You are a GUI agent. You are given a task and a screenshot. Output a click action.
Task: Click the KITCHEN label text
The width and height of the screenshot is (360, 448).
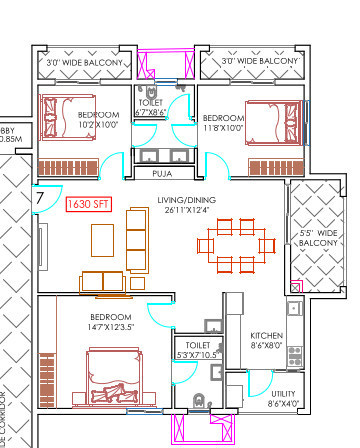click(264, 335)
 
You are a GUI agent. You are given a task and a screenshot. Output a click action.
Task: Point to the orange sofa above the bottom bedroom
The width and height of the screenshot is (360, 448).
click(105, 281)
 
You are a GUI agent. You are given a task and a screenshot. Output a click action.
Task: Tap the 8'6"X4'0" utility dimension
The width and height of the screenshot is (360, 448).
click(284, 405)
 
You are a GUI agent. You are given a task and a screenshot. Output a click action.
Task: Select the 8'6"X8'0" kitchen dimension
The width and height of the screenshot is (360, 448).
click(264, 346)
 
